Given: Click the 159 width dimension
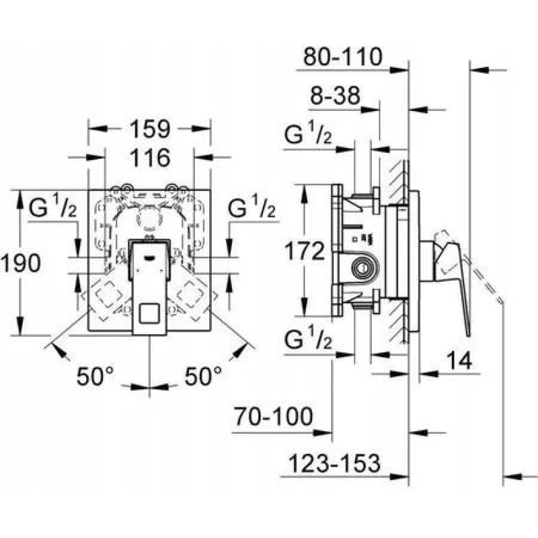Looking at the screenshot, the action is (x=150, y=129).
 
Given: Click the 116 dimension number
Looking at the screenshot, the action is (x=150, y=158).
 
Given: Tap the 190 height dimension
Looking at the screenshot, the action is (x=21, y=263).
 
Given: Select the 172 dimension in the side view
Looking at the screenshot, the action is (x=305, y=251).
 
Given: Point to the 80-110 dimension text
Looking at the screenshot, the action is (x=343, y=56).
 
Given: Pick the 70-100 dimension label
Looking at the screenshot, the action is (x=274, y=416).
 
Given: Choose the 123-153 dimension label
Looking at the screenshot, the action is (x=334, y=463).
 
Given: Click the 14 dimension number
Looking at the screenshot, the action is (x=459, y=360).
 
